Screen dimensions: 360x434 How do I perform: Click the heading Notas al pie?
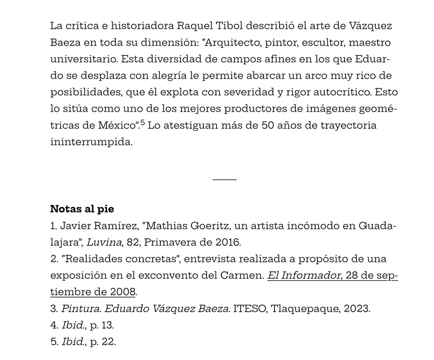pyautogui.click(x=82, y=209)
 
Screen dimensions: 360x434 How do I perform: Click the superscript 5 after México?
pyautogui.click(x=142, y=123)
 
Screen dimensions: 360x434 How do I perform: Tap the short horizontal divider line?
pyautogui.click(x=225, y=179)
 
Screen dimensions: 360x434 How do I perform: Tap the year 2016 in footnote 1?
pyautogui.click(x=228, y=242)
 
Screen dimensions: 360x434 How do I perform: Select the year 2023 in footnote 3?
pyautogui.click(x=358, y=309)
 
